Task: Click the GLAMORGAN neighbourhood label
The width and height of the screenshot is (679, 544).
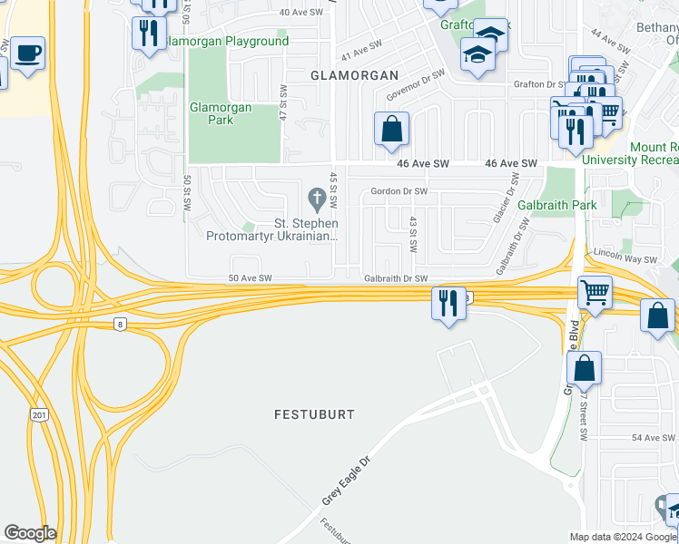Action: click(x=354, y=75)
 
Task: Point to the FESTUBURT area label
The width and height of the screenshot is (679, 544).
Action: click(x=314, y=413)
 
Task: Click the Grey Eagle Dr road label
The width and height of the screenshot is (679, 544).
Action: click(x=347, y=481)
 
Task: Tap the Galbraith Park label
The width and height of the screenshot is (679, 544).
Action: click(x=556, y=205)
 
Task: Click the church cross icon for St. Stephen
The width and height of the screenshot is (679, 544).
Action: click(x=317, y=197)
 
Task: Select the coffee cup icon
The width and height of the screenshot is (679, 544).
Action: click(x=27, y=53)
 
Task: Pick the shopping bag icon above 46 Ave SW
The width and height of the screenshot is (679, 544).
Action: click(x=391, y=129)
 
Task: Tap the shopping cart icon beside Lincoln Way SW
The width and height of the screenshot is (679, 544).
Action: click(x=595, y=293)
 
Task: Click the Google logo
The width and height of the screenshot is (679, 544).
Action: click(x=30, y=533)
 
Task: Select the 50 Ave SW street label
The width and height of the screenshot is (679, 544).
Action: click(x=250, y=278)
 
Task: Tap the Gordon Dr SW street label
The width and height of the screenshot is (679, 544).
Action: click(x=399, y=191)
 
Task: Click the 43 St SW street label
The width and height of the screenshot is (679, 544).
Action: click(x=413, y=233)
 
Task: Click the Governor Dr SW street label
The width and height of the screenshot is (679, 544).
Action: click(x=415, y=85)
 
